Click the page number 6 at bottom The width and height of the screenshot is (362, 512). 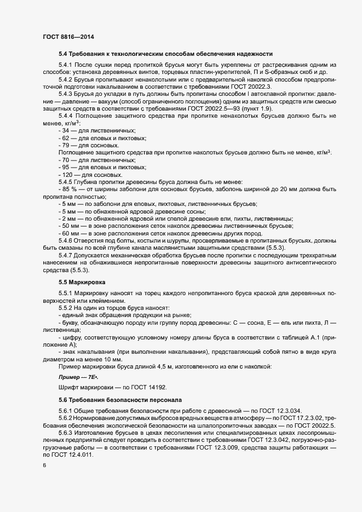point(44,465)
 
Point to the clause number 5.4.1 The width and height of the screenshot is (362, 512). point(68,65)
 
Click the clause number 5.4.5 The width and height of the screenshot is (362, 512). point(68,182)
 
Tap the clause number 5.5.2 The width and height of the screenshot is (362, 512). point(68,308)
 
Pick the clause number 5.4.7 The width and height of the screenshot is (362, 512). point(68,256)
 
